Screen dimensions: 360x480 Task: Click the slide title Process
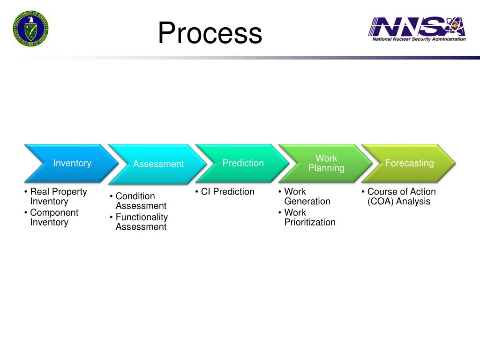pos(210,34)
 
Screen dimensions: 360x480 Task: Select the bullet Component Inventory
pos(54,217)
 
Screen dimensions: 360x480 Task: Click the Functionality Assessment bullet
pos(141,222)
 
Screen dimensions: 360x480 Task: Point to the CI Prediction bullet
pos(227,192)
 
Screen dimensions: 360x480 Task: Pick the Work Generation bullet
pos(307,196)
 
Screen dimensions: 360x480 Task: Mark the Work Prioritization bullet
pos(309,217)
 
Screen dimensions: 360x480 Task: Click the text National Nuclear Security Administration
pos(419,39)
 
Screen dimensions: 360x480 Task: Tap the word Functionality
pos(142,217)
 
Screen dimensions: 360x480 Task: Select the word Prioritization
pos(310,222)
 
